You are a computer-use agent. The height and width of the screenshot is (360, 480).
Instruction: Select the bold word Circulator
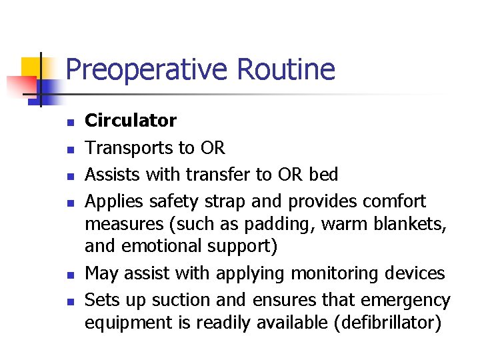pos(131,121)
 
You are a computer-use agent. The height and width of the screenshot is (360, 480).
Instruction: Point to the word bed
pos(324,175)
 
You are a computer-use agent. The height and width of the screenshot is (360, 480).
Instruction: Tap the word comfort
pos(393,201)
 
